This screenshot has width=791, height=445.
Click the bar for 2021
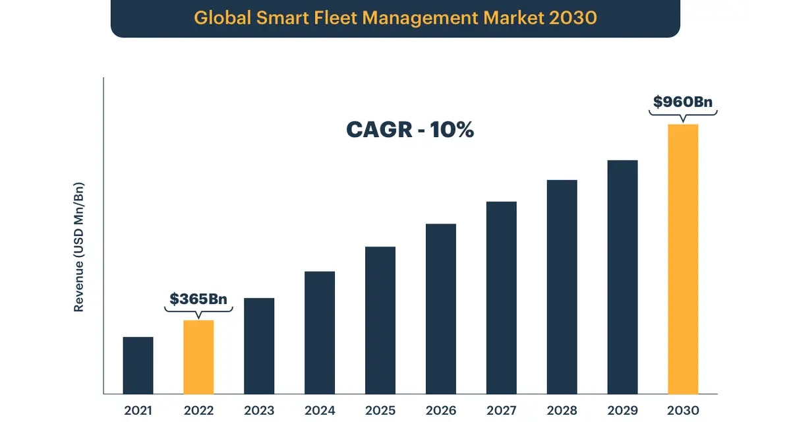(138, 365)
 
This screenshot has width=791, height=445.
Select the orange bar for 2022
(198, 357)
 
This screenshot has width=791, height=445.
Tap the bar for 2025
(380, 320)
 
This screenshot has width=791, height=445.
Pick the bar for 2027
(502, 297)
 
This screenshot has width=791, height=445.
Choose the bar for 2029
(622, 277)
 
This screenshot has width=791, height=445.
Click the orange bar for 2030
(683, 259)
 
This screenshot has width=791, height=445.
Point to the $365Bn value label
(198, 299)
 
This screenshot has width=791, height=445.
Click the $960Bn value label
(683, 102)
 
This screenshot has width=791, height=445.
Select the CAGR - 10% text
(410, 130)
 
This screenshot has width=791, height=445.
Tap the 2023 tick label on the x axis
(259, 411)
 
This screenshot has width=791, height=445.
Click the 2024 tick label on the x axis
(320, 411)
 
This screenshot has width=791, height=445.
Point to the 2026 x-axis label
(441, 411)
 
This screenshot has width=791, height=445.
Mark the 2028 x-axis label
(562, 411)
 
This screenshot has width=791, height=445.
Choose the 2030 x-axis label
(683, 411)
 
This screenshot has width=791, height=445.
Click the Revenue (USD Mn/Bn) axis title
(79, 245)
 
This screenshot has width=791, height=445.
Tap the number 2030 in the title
(573, 18)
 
